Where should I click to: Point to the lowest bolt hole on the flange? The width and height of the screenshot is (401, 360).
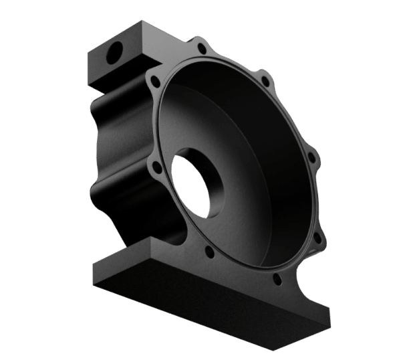(x=275, y=278)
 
